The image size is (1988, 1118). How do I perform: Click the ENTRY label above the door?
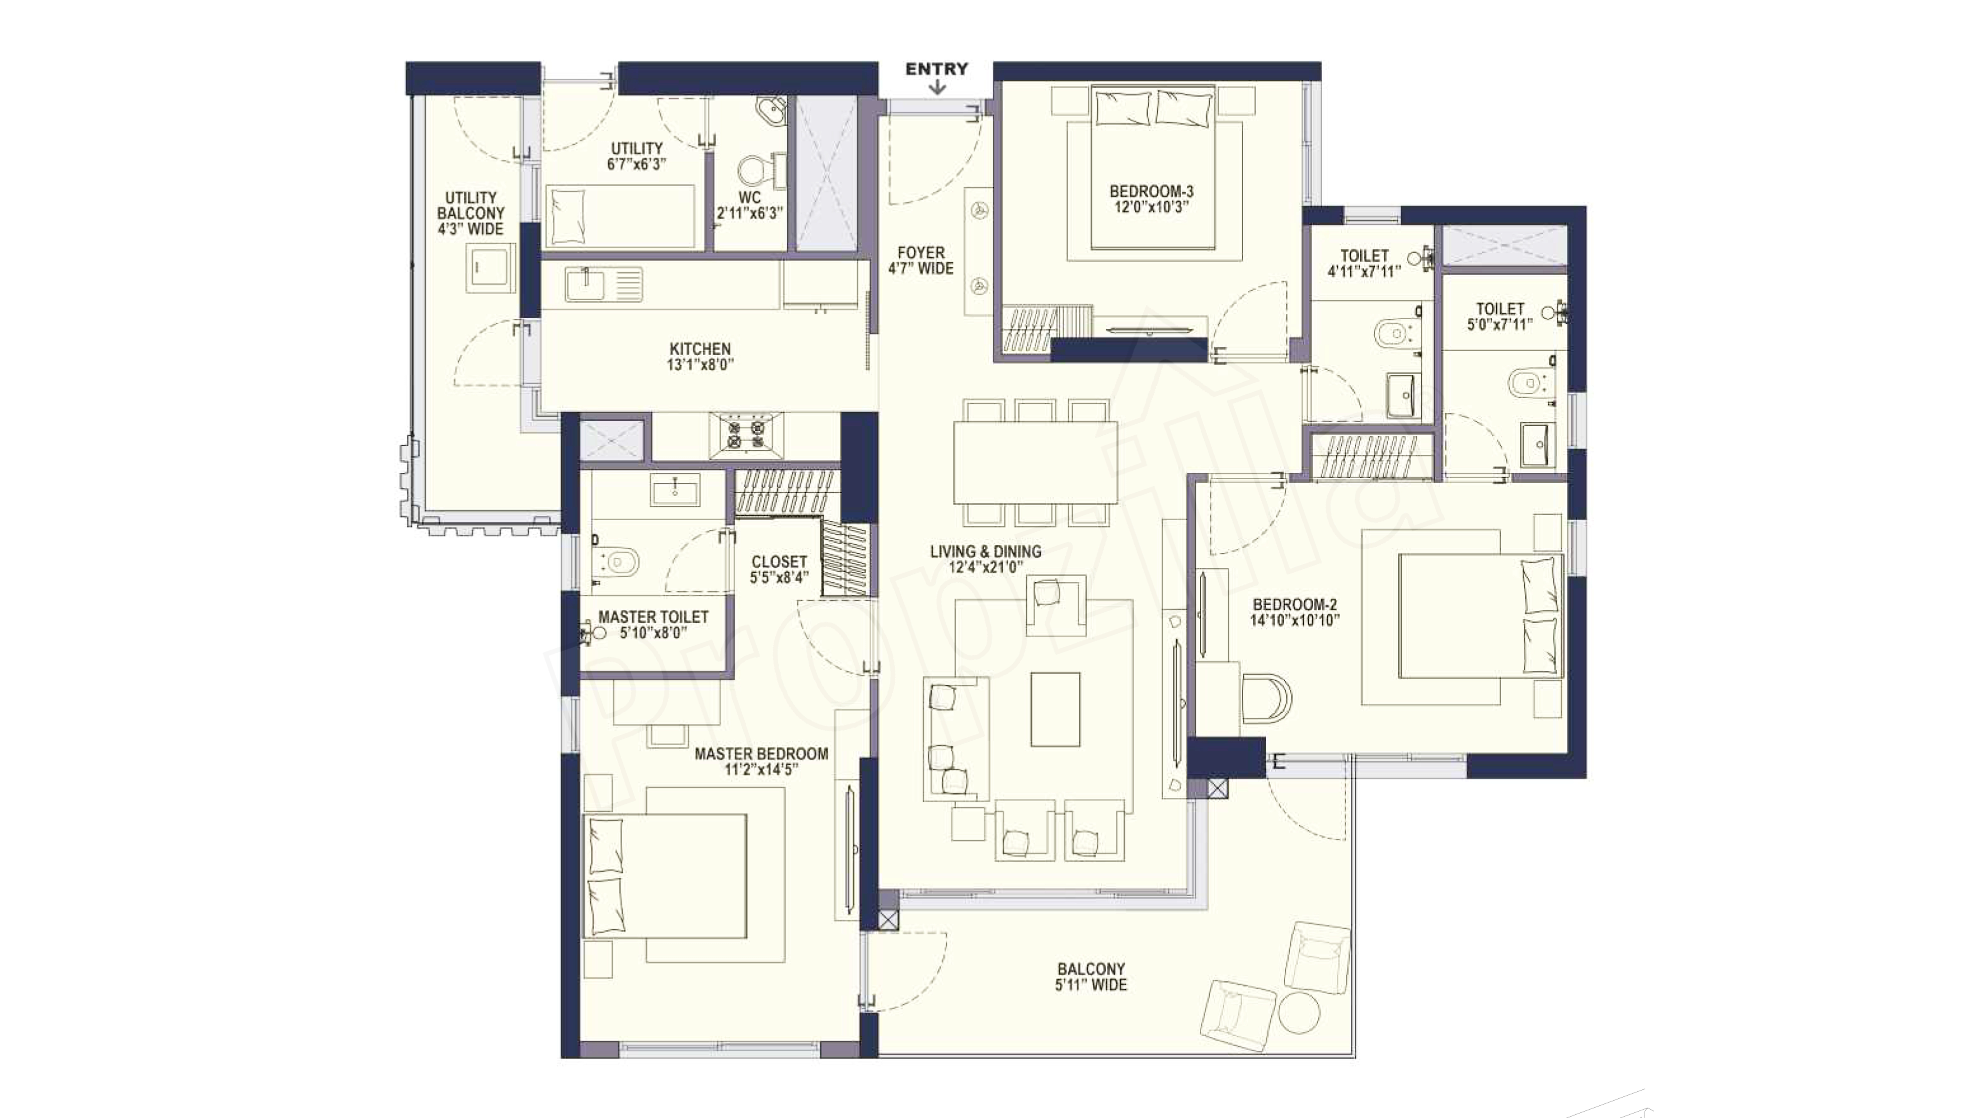(936, 69)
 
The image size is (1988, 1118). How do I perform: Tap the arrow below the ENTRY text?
(937, 87)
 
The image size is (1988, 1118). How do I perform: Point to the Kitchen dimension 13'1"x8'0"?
(700, 364)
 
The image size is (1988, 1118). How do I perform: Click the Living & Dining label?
(986, 551)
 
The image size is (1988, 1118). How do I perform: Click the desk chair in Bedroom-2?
(1266, 697)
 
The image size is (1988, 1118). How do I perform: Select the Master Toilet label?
(653, 617)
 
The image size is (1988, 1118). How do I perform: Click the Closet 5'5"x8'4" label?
(780, 569)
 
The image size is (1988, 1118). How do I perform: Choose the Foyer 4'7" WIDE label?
(921, 260)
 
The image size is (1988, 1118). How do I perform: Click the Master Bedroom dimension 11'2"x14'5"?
(761, 769)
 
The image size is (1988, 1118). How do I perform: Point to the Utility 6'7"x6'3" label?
(637, 156)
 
